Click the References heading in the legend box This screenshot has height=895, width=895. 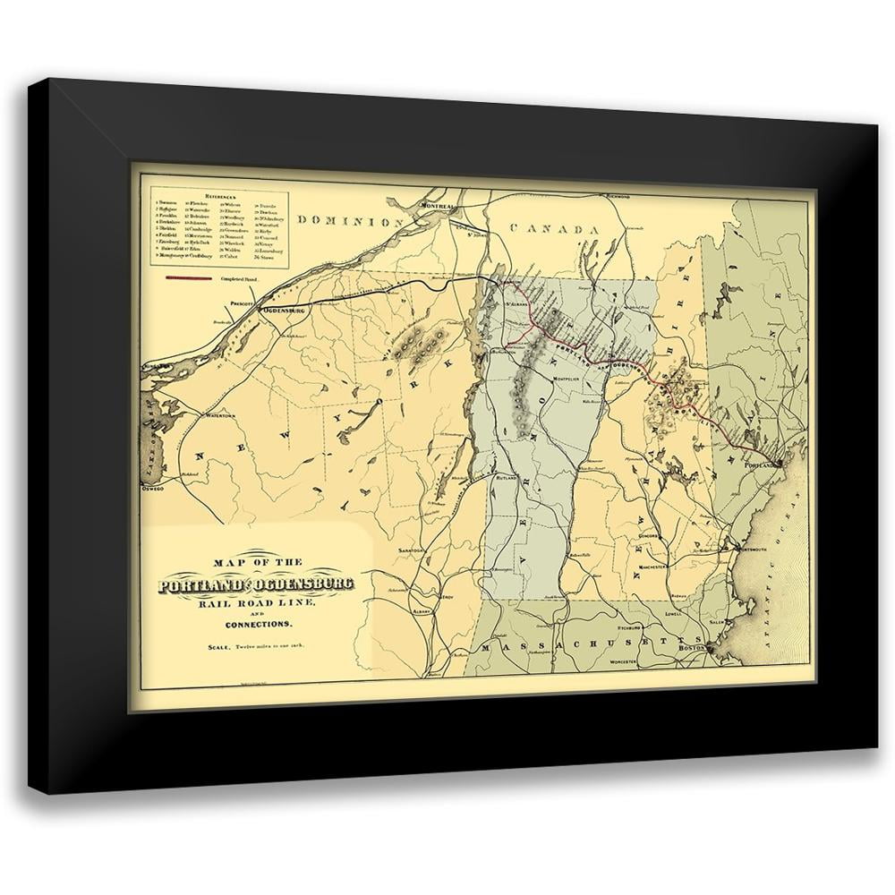pyautogui.click(x=220, y=194)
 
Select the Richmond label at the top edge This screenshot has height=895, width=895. pyautogui.click(x=618, y=195)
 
